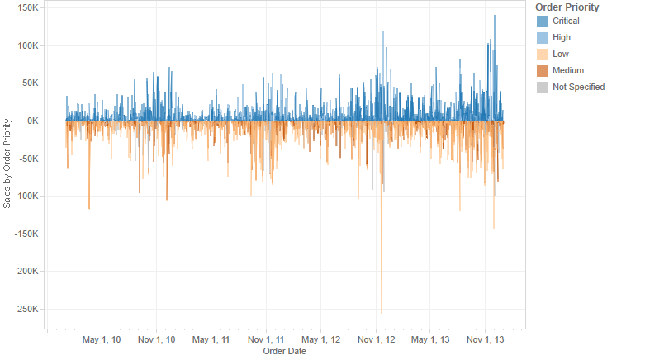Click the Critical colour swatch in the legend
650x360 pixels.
pyautogui.click(x=543, y=21)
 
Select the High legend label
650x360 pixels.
pyautogui.click(x=562, y=38)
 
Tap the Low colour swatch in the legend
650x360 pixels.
pyautogui.click(x=543, y=54)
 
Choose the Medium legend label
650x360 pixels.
pyautogui.click(x=568, y=71)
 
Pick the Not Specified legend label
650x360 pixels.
pyautogui.click(x=578, y=88)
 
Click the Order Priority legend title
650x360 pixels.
pyautogui.click(x=567, y=7)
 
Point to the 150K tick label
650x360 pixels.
pyautogui.click(x=28, y=8)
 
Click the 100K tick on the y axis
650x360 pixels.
pyautogui.click(x=28, y=45)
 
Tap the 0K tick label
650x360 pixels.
pyautogui.click(x=33, y=121)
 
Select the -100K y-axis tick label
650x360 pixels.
pyautogui.click(x=26, y=197)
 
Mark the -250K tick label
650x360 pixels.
pyautogui.click(x=26, y=309)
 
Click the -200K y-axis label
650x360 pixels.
pyautogui.click(x=26, y=272)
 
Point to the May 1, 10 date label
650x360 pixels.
pyautogui.click(x=102, y=339)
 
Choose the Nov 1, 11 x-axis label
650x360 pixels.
pyautogui.click(x=266, y=339)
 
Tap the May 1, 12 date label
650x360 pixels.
pyautogui.click(x=320, y=339)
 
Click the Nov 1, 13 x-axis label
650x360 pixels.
pyautogui.click(x=486, y=339)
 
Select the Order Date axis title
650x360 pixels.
pyautogui.click(x=285, y=351)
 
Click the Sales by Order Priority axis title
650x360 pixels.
pyautogui.click(x=7, y=163)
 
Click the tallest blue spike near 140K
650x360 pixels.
pyautogui.click(x=495, y=68)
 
